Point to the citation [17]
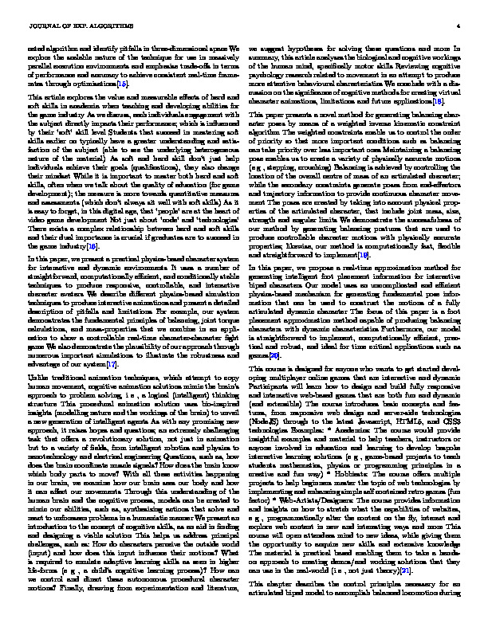(138, 365)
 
